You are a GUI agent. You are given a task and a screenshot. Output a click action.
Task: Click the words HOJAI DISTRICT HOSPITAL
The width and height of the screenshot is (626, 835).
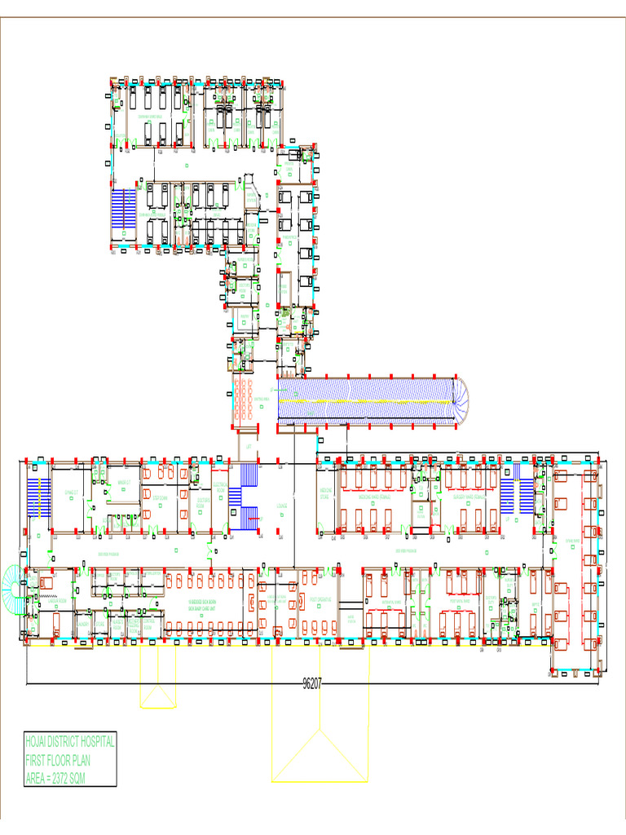[70, 744]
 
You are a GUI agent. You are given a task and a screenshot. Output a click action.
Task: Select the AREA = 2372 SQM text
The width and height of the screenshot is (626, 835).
[55, 779]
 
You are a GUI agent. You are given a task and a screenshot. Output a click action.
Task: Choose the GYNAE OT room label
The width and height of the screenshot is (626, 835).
[70, 493]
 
